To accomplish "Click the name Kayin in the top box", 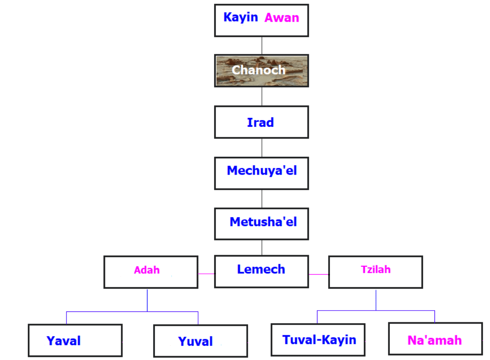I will [240, 17].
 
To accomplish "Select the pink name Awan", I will [282, 18].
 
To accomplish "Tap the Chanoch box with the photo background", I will [261, 71].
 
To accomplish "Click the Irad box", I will [261, 122].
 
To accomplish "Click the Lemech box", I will [261, 271].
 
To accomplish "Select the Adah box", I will [150, 272].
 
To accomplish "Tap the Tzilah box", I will [376, 272].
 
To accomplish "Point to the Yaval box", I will [75, 341].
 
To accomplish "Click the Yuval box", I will [200, 341].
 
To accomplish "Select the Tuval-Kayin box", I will [318, 340].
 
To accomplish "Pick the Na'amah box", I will [435, 339].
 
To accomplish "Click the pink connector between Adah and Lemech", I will [206, 274].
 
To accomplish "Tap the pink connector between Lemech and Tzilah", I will [318, 274].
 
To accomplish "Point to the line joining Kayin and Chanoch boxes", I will [262, 45].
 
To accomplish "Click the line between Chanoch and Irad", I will [262, 96].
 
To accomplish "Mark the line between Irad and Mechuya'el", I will [262, 147].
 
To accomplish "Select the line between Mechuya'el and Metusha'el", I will [262, 198].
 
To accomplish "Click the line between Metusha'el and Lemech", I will [262, 247].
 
